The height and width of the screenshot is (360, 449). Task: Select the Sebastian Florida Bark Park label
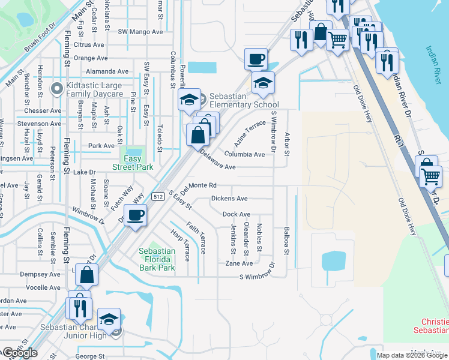pos(157,259)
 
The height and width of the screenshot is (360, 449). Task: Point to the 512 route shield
pos(158,196)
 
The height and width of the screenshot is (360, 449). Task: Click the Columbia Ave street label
pos(244,154)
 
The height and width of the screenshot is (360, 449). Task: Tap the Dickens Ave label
pos(229,199)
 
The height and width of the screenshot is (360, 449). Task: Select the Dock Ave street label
pos(237,214)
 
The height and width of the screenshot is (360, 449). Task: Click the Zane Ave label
pos(239,263)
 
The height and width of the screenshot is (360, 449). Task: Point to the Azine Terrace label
pos(250,133)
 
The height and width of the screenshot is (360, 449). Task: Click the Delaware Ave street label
pos(217,160)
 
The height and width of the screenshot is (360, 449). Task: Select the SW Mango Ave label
pos(140,31)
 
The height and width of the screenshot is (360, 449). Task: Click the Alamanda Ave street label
pos(107,71)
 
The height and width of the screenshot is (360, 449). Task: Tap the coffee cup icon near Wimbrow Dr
pos(134,215)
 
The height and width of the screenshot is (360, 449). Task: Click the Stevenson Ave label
pos(40,124)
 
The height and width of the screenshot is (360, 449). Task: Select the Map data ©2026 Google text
pos(412,355)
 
